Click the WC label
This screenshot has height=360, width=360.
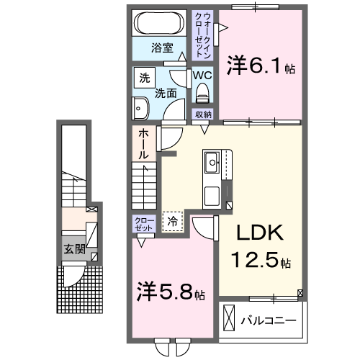tap(201, 74)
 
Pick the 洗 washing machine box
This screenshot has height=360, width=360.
tap(144, 77)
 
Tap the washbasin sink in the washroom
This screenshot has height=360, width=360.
tap(140, 109)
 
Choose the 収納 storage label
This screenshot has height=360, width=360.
tap(203, 114)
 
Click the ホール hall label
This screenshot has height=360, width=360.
tap(143, 143)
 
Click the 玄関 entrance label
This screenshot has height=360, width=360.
tap(74, 250)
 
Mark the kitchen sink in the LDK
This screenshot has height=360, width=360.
tap(214, 164)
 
